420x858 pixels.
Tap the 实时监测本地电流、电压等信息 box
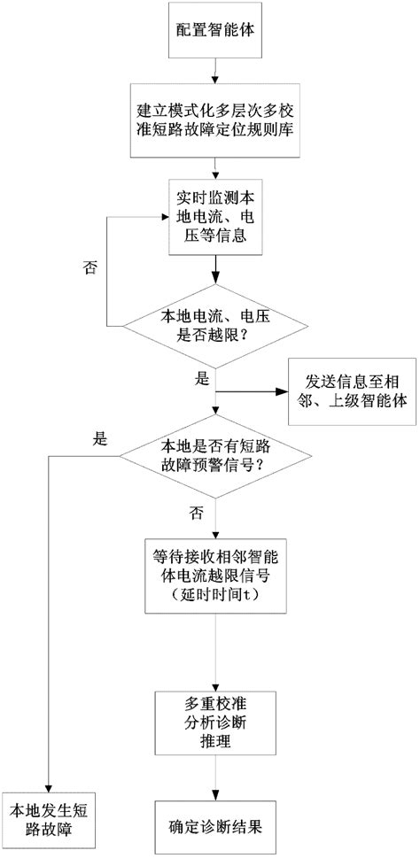214,216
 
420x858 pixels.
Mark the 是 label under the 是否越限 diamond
201,379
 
